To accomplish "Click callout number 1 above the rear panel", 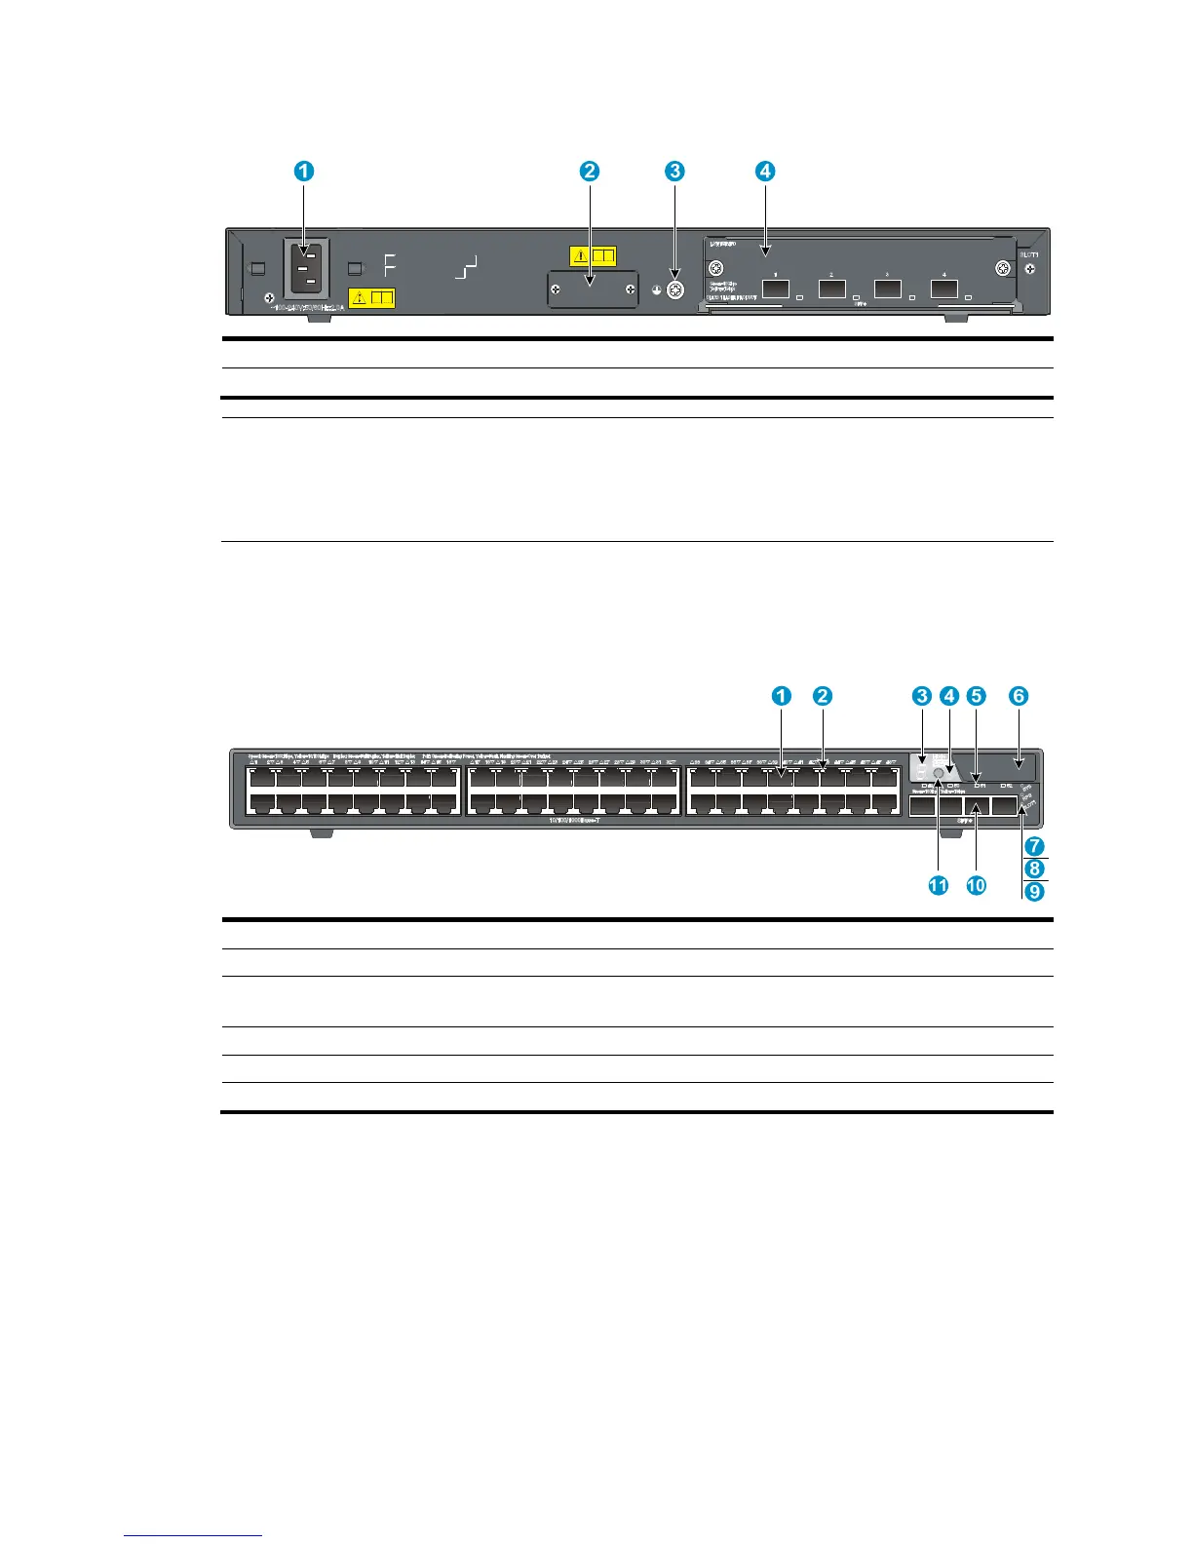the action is (305, 171).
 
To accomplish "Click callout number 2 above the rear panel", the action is (590, 171).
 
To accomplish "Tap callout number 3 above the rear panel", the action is (674, 171).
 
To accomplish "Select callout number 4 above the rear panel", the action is (765, 171).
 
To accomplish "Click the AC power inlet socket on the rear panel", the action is (306, 265).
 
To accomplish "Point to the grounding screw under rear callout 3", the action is (673, 290).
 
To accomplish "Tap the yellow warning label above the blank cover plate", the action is (592, 256).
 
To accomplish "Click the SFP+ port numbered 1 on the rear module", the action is (776, 289).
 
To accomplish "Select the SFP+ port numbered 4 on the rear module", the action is (943, 289).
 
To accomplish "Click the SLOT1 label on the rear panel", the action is (1029, 253).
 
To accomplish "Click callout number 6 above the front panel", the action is (1018, 696).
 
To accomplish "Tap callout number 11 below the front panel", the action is (938, 885).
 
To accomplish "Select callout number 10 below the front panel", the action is (976, 885).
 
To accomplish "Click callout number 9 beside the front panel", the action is (1035, 891).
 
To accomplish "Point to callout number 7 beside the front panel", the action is (1035, 846).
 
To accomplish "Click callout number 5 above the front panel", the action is (977, 696).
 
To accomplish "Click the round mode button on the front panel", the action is (939, 774).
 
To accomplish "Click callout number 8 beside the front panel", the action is (1035, 868).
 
